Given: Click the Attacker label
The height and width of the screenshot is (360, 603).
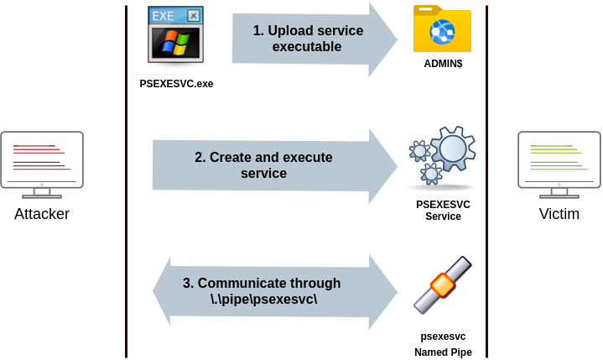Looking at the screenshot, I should [43, 215].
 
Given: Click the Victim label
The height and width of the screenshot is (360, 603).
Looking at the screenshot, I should [559, 215].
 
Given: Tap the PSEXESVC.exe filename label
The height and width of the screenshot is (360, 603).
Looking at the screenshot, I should [176, 84].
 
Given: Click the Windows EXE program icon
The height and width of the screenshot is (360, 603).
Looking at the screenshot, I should [176, 38].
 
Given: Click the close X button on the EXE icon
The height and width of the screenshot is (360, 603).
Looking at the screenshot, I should [194, 15].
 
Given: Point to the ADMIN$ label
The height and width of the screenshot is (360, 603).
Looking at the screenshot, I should [443, 64].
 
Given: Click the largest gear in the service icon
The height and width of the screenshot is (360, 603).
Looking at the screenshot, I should [452, 149].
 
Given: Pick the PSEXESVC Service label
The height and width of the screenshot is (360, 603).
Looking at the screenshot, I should [443, 211].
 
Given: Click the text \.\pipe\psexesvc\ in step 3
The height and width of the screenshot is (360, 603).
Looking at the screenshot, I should [263, 300].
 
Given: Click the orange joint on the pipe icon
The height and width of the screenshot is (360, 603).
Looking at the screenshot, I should [442, 284].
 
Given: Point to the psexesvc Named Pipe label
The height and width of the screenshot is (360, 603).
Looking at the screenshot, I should [443, 344].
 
